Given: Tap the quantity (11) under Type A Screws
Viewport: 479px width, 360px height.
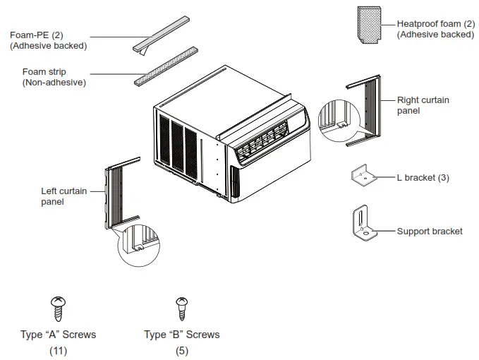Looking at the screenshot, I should pos(58,350).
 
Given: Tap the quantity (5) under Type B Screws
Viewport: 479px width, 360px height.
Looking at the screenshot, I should pos(181,350).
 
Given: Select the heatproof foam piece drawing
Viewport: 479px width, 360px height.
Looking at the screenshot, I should pos(371,25).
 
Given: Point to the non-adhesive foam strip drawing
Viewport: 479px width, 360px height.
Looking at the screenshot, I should pos(166,66).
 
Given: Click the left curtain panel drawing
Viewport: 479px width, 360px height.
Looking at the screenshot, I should pos(116,193).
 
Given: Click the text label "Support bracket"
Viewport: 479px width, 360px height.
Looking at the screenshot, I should pos(429,232).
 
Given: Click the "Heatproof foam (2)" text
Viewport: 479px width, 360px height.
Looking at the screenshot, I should pos(435,23).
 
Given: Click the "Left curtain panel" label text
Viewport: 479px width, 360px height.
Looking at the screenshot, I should pos(62,196).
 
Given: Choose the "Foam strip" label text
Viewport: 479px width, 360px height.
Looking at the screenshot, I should pos(44,71).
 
